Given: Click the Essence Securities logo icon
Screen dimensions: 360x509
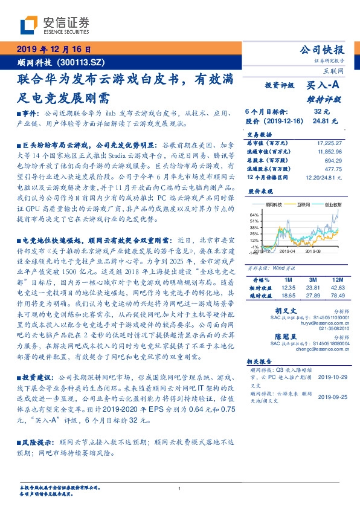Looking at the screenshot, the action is coord(28,25).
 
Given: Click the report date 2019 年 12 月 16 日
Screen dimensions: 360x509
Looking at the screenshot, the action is coord(53,50).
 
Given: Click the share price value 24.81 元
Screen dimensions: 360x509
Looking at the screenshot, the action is coord(320,121).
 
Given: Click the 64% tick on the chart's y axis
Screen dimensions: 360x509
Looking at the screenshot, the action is coord(252,231).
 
